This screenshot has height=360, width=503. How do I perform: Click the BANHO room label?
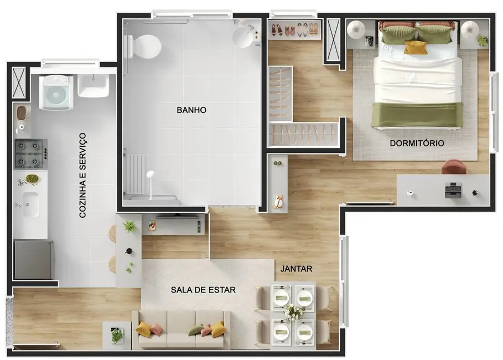pos(191,110)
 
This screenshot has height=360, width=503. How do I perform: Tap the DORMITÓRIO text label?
pos(417,143)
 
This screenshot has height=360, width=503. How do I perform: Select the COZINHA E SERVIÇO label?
pos(83,174)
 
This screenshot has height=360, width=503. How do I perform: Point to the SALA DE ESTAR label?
pos(203,290)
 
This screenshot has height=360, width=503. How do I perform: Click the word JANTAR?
pos(296,269)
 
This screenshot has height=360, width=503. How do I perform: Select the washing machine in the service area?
pos(58,92)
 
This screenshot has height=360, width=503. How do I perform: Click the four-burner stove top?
pos(30,154)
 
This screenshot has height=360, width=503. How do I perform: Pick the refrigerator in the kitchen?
pos(33,259)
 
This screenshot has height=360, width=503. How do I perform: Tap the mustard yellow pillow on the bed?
pos(415,48)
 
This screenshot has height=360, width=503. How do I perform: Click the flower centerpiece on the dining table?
pos(293,313)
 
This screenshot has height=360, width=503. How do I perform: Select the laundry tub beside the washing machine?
pos(94,86)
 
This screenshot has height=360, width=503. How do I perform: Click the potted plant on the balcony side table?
pos(117,335)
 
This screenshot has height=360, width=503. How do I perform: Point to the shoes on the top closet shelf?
pos(295,29)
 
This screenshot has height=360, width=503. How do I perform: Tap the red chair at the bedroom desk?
pos(454,167)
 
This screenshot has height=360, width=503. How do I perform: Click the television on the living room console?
pos(177,215)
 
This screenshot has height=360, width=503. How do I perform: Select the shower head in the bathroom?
pos(149,174)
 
